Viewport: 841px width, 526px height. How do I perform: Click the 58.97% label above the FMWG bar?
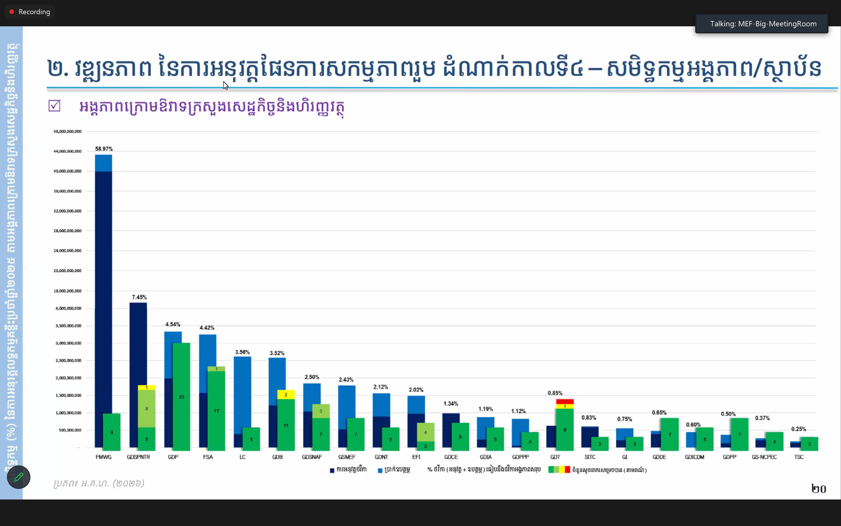click(x=104, y=149)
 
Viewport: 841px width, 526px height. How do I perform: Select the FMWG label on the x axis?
click(x=104, y=457)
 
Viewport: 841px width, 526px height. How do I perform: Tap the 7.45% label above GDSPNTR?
click(x=139, y=297)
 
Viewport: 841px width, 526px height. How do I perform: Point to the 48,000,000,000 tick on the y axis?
click(x=67, y=132)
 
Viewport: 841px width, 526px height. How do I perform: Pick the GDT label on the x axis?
click(x=555, y=457)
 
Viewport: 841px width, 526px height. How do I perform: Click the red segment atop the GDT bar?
click(x=565, y=401)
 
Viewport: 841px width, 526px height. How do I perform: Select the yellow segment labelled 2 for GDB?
click(x=286, y=394)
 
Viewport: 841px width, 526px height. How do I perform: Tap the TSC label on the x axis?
click(x=799, y=457)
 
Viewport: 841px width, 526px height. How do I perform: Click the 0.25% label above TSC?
click(x=799, y=429)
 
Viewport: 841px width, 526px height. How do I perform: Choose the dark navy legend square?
click(x=332, y=470)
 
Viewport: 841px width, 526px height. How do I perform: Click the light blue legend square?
click(x=380, y=470)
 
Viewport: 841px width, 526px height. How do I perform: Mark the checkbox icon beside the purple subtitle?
click(x=55, y=106)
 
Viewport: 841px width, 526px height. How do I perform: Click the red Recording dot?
click(x=12, y=12)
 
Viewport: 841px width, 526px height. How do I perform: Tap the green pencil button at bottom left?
click(x=19, y=477)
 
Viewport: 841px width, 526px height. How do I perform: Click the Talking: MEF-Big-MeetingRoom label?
click(x=763, y=24)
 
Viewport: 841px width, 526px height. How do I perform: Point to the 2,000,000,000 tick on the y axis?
click(x=68, y=378)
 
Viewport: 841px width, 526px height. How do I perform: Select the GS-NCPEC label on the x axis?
click(x=764, y=457)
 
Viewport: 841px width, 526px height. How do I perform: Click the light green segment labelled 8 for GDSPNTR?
click(x=147, y=408)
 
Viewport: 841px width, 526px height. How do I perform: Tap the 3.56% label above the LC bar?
click(x=242, y=352)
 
